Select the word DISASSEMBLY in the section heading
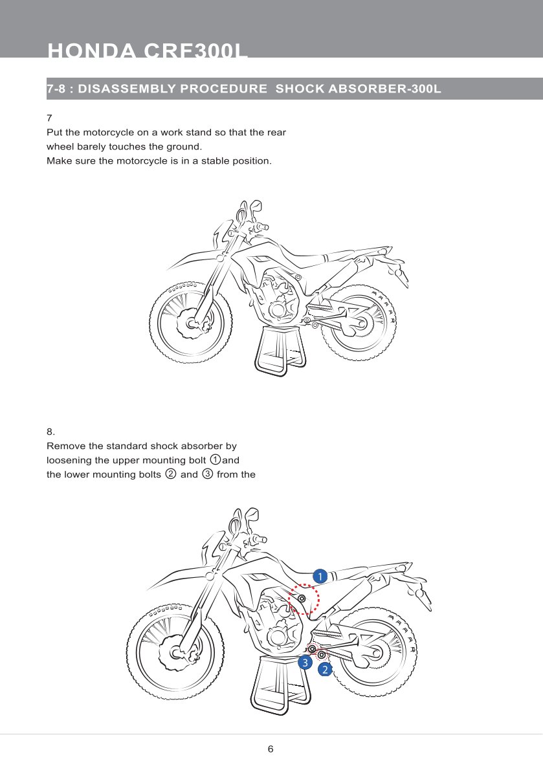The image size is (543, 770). (127, 89)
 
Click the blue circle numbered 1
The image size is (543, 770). (318, 576)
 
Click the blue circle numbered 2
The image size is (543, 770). (325, 670)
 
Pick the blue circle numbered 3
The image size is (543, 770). (304, 663)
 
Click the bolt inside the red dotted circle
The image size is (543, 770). (302, 599)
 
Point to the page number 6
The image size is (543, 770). (271, 749)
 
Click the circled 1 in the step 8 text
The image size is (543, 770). (216, 460)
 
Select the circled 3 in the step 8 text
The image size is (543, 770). (207, 474)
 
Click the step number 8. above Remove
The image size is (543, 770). (51, 432)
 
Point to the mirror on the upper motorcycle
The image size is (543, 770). (256, 206)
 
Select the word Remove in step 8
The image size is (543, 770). (66, 446)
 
